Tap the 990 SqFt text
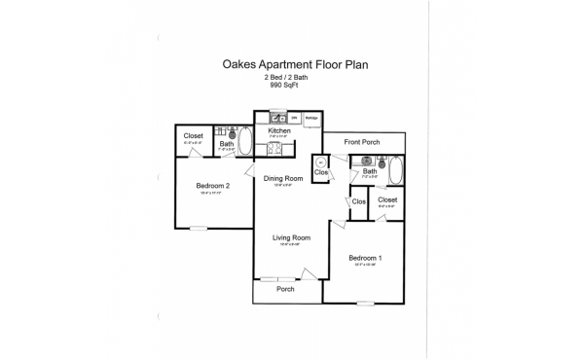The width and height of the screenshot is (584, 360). pos(282,85)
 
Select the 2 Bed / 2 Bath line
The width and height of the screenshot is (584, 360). pos(282,77)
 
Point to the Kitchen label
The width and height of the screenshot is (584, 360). pos(280,130)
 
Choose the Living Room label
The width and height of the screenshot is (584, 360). pos(290,237)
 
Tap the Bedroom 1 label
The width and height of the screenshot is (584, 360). pos(365,257)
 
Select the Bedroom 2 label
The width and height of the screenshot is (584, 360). pos(212,185)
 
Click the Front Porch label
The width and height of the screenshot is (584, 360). pos(362,142)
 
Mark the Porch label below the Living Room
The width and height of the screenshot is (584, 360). pos(285,289)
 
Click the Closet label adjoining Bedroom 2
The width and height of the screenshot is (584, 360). pos(194,136)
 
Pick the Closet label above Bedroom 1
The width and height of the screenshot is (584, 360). pos(387,199)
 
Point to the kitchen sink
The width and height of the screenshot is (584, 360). pos(276,117)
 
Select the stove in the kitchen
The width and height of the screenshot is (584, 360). pos(274,148)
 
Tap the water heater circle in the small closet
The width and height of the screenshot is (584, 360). pos(320,163)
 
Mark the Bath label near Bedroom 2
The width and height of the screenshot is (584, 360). pos(226,145)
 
